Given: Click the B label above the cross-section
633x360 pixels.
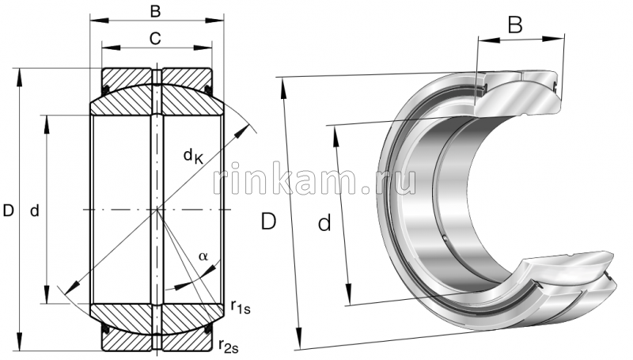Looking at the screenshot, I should point(156,12).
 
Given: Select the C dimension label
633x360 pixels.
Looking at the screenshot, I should point(156,37).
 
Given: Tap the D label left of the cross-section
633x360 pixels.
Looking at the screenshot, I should point(9,210).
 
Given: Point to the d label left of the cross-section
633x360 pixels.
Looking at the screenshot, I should point(35,210).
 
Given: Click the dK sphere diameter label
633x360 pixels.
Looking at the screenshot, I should point(194,157).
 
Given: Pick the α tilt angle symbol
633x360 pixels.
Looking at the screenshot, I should point(203,256).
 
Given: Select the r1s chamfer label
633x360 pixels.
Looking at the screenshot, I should point(237,306).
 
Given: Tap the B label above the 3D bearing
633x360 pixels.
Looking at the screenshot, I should point(515,25).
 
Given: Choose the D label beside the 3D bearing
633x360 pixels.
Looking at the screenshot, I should point(269,222).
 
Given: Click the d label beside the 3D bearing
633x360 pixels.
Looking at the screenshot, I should point(324,225).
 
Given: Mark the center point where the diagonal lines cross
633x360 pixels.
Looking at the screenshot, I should point(158,210).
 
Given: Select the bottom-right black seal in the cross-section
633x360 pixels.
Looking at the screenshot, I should point(209,328).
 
